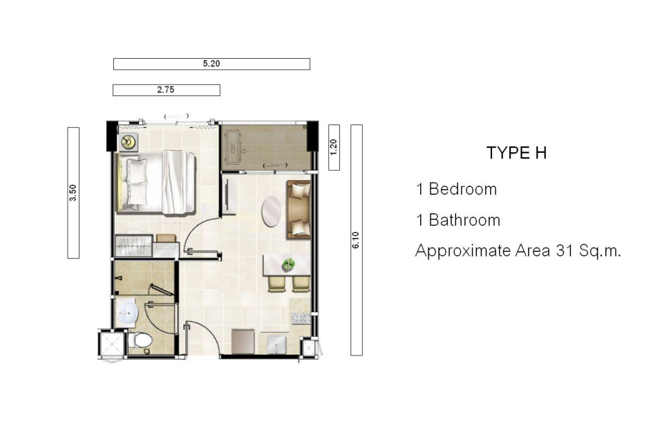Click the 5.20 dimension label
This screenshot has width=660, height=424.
[x=211, y=64]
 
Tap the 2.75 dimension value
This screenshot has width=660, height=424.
[x=166, y=90]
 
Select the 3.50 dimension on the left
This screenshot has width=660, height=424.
[x=73, y=192]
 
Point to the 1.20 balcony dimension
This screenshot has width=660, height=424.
[x=334, y=147]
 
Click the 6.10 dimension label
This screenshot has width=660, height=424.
[x=356, y=240]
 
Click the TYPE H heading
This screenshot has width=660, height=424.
[x=516, y=153]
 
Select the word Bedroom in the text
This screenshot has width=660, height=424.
[x=462, y=190]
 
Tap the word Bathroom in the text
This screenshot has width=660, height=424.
[x=464, y=220]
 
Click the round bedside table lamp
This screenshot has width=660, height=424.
[x=128, y=142]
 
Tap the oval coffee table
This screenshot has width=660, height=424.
[x=272, y=211]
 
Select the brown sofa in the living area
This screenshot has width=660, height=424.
[x=299, y=210]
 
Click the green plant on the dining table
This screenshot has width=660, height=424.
[x=288, y=265]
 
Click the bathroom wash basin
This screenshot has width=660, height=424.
[x=127, y=313]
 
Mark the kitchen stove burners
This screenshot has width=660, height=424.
[x=301, y=318]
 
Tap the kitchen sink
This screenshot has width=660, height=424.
[x=277, y=344]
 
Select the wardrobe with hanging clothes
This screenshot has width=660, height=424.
[x=134, y=246]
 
